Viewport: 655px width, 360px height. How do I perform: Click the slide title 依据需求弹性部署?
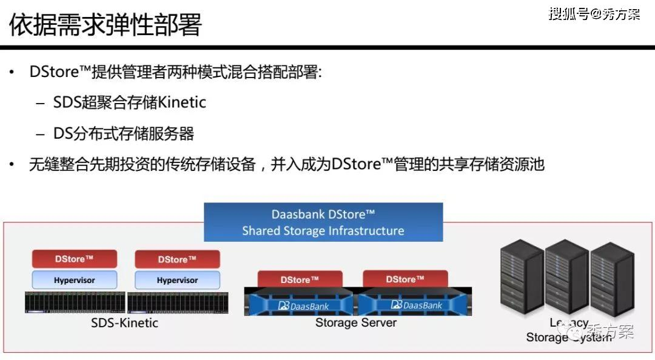pyautogui.click(x=106, y=25)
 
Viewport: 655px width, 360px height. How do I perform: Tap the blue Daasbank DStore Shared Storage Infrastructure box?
pyautogui.click(x=323, y=222)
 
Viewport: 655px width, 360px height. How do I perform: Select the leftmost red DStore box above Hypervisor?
pyautogui.click(x=74, y=259)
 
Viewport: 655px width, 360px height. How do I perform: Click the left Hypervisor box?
pyautogui.click(x=74, y=280)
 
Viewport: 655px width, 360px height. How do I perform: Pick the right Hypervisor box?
pyautogui.click(x=177, y=280)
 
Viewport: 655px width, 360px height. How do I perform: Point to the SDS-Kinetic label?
pyautogui.click(x=124, y=323)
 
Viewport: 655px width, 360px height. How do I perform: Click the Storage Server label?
pyautogui.click(x=355, y=322)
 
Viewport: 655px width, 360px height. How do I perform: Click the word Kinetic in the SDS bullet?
pyautogui.click(x=182, y=102)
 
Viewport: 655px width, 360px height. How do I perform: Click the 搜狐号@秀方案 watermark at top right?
pyautogui.click(x=594, y=14)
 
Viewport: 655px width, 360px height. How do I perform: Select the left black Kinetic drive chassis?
pyautogui.click(x=75, y=302)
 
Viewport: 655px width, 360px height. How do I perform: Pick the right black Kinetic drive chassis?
pyautogui.click(x=177, y=302)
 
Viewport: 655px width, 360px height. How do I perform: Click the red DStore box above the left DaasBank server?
pyautogui.click(x=300, y=279)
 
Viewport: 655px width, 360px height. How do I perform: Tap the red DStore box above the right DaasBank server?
pyautogui.click(x=405, y=279)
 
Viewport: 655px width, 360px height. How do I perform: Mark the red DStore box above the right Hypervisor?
pyautogui.click(x=177, y=259)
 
